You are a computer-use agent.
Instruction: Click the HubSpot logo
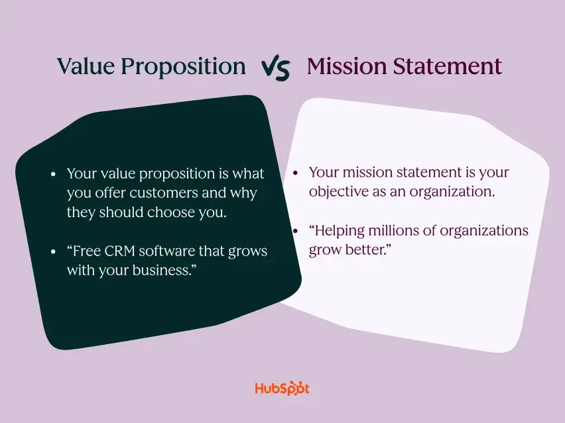[x=282, y=389]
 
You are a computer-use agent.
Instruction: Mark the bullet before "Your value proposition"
[x=53, y=174]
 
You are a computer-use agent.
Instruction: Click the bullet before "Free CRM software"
[x=53, y=252]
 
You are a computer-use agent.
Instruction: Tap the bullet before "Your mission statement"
[x=296, y=173]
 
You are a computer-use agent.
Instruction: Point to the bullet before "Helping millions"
[x=296, y=231]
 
